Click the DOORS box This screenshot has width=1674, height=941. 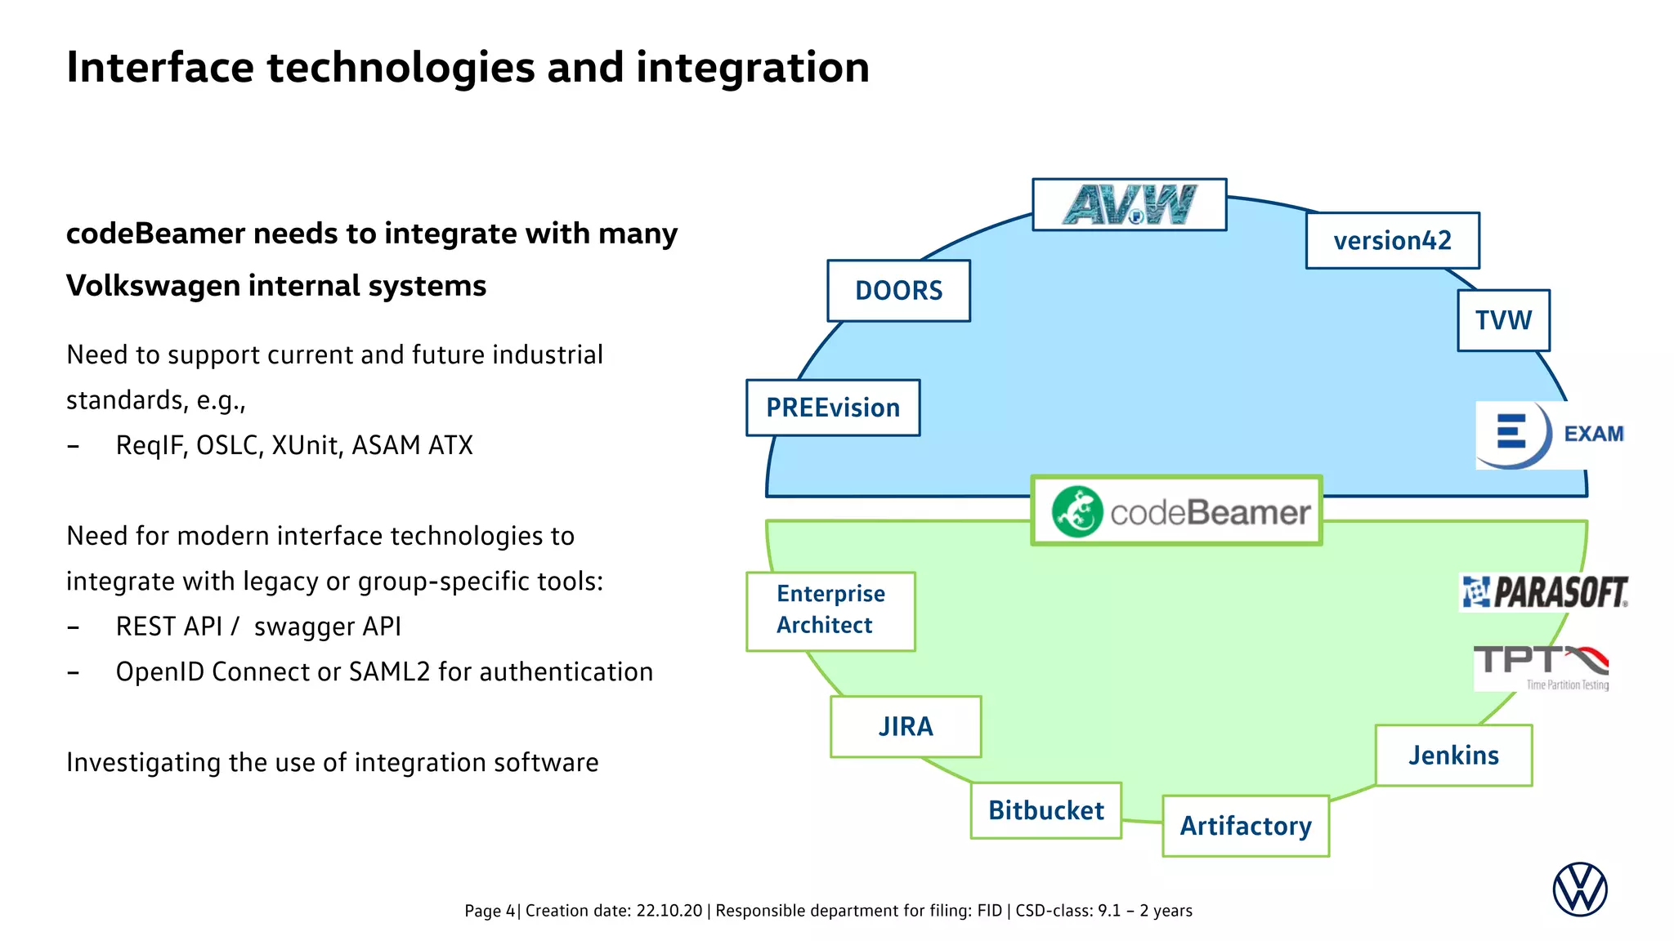(898, 291)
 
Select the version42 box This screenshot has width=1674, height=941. (1392, 240)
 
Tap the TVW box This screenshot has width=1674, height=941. (1503, 320)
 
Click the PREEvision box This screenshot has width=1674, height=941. (833, 408)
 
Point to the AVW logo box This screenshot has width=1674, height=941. (1129, 205)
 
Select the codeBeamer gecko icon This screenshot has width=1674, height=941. (1076, 512)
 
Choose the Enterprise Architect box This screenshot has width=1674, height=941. (830, 610)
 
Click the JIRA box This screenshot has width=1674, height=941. (906, 726)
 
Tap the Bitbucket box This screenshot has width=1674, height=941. (1045, 810)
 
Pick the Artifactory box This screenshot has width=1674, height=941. (1246, 826)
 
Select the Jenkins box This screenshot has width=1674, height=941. (1453, 755)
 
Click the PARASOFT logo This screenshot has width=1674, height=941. (1544, 592)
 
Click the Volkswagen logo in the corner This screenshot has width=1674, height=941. (1579, 889)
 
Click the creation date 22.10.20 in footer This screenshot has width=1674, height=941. (669, 911)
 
